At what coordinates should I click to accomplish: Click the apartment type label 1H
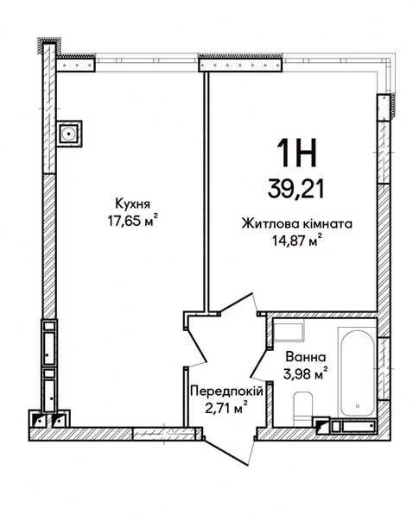pyautogui.click(x=296, y=153)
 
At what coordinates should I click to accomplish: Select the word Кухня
pyautogui.click(x=132, y=204)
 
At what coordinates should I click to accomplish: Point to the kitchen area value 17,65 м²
pyautogui.click(x=132, y=220)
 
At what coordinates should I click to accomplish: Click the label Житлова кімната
pyautogui.click(x=296, y=224)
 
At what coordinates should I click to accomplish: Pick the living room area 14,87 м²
pyautogui.click(x=296, y=240)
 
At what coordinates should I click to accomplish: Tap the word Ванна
pyautogui.click(x=305, y=357)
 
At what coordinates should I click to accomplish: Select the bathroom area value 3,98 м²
pyautogui.click(x=305, y=373)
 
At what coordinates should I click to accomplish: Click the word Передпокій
pyautogui.click(x=226, y=392)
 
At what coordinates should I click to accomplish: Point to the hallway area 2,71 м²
pyautogui.click(x=226, y=408)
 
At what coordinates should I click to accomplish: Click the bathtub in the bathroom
pyautogui.click(x=357, y=372)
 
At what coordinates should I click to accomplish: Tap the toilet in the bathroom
pyautogui.click(x=302, y=409)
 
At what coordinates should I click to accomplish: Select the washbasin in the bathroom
pyautogui.click(x=288, y=330)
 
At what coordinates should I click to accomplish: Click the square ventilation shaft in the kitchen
pyautogui.click(x=69, y=134)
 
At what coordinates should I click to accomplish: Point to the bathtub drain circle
pyautogui.click(x=358, y=405)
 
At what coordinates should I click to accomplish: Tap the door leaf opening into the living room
pyautogui.click(x=237, y=303)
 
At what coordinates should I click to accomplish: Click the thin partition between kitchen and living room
pyautogui.click(x=206, y=191)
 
